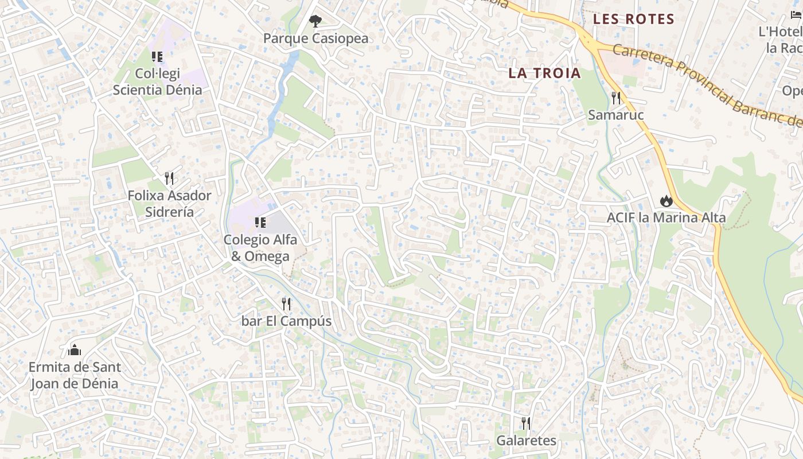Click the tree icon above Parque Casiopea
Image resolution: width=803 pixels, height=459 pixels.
315,21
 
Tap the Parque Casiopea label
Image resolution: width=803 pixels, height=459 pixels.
315,38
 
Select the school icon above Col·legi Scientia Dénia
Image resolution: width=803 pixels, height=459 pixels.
157,56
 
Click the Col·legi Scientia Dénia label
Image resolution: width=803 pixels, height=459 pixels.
157,81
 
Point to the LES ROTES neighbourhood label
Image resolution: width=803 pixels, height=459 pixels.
633,19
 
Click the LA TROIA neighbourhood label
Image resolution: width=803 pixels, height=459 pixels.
544,73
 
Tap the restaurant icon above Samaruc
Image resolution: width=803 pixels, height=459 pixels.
616,98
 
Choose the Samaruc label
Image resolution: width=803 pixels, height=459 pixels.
616,115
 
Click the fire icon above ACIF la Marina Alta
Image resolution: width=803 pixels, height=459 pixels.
666,201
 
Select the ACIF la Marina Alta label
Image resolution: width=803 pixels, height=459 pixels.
666,218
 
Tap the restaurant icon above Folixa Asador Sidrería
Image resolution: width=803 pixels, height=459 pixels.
169,178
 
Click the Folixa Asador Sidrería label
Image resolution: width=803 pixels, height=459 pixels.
169,204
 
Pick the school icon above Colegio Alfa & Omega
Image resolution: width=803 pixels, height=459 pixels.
260,222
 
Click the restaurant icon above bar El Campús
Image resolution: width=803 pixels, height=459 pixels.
286,304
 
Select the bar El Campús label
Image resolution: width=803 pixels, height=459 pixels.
286,321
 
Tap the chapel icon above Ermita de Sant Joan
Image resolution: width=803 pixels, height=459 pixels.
74,349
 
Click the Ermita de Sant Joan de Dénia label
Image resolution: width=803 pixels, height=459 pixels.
74,375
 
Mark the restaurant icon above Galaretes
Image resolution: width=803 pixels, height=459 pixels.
525,423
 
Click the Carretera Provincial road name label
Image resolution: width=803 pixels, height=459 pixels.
705,86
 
